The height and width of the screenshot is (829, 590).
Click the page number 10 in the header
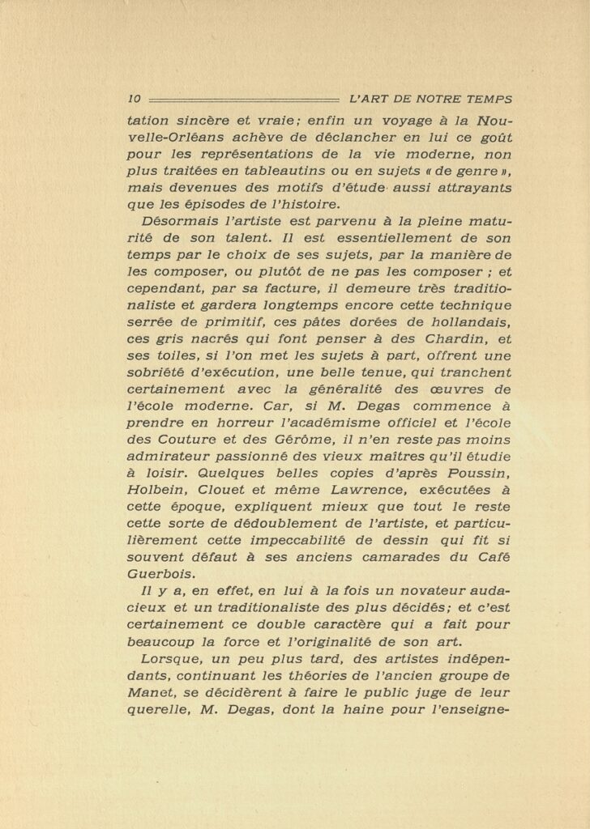135,100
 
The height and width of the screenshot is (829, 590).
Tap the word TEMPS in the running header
488,100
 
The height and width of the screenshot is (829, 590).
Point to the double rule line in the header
243,100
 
